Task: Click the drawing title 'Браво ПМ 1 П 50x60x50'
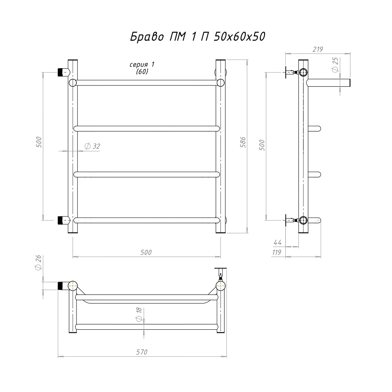pyautogui.click(x=198, y=37)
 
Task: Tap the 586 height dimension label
pyautogui.click(x=243, y=142)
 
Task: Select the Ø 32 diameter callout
pyautogui.click(x=92, y=146)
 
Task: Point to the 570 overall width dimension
pyautogui.click(x=142, y=352)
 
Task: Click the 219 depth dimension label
pyautogui.click(x=318, y=49)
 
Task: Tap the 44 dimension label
pyautogui.click(x=278, y=242)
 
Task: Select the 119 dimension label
pyautogui.click(x=277, y=252)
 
